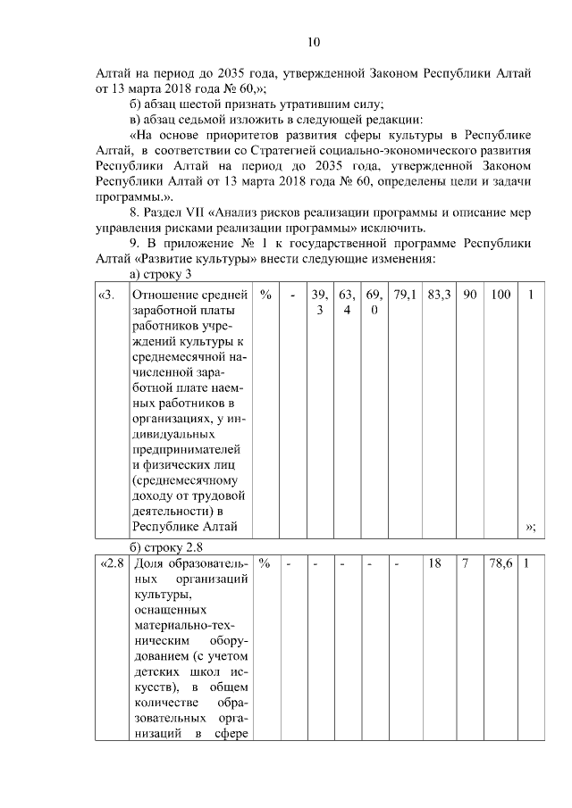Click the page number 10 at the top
coord(313,42)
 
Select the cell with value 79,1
coord(404,295)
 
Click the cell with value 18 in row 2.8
coord(435,564)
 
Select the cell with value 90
coord(468,295)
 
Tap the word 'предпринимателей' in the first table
coord(187,448)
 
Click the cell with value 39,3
coord(316,302)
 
